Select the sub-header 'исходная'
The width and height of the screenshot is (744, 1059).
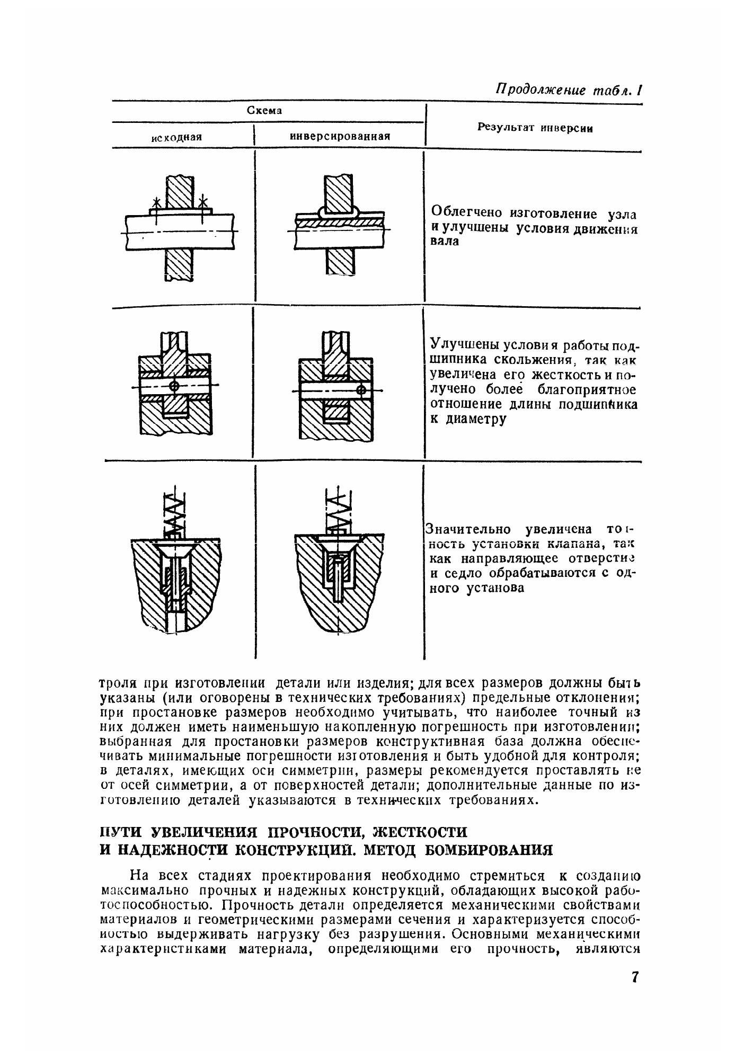tap(176, 137)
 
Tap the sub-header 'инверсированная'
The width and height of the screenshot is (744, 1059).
tap(340, 136)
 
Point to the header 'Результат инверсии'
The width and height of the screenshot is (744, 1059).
tap(535, 128)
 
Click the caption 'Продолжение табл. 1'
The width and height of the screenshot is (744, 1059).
tap(568, 90)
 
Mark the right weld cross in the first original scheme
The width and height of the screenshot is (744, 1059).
tap(202, 201)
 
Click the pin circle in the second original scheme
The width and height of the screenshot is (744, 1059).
tap(174, 386)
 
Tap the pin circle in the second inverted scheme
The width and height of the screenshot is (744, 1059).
tap(361, 390)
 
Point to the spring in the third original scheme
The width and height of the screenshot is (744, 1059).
tap(174, 512)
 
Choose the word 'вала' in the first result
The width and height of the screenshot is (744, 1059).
tap(442, 242)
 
